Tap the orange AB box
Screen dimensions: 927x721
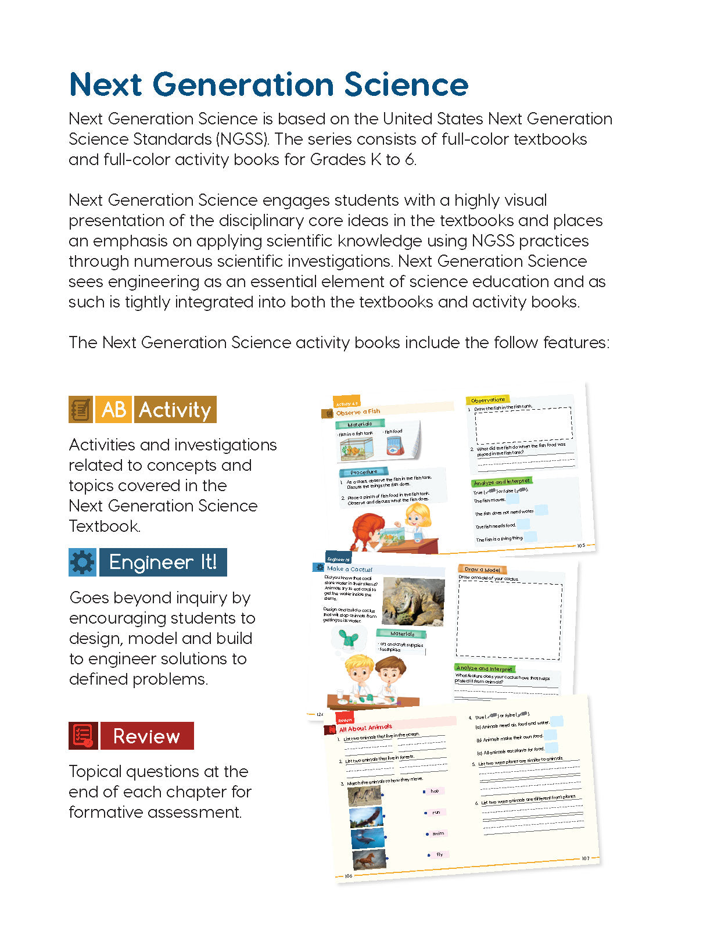[x=114, y=410]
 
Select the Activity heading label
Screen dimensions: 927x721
[x=175, y=410]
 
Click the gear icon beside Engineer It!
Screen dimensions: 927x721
[x=82, y=562]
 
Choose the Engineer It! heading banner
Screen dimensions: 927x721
[x=163, y=562]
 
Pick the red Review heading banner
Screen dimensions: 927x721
[x=146, y=736]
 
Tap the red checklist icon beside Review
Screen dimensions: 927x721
[x=82, y=736]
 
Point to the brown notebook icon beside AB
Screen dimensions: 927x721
[x=81, y=410]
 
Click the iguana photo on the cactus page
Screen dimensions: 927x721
[x=413, y=601]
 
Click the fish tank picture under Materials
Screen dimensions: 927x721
[x=357, y=449]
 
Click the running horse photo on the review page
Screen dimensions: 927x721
[x=369, y=859]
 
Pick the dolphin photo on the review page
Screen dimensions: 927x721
[x=367, y=838]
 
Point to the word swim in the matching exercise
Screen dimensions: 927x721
[x=438, y=833]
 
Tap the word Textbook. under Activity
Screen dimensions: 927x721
[x=105, y=527]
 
